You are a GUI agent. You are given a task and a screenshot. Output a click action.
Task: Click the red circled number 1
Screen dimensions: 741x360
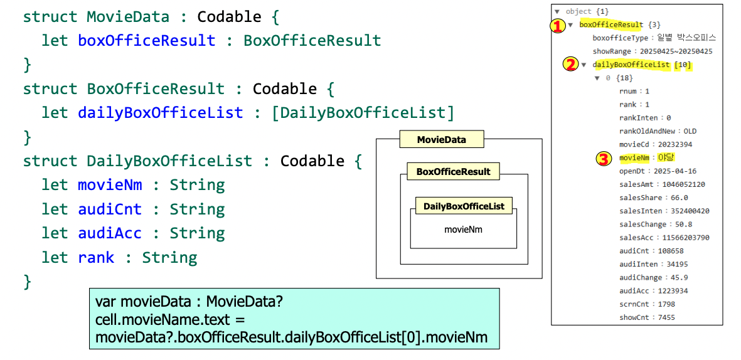tap(558, 26)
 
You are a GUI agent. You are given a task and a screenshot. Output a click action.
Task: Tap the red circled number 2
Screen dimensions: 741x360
tap(571, 65)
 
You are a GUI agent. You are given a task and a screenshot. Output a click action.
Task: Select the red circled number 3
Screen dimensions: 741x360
tap(602, 158)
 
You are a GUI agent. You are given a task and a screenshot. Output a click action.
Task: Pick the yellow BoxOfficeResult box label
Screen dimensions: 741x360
tap(453, 171)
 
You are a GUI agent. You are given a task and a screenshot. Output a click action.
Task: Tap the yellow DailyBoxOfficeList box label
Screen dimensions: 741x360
tap(464, 206)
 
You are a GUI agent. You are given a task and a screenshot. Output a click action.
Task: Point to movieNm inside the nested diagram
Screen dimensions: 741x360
tap(463, 230)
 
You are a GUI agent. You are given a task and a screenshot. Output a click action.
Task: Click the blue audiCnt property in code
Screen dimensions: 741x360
tap(110, 209)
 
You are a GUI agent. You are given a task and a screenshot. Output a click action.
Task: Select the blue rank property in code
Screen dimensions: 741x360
tap(96, 258)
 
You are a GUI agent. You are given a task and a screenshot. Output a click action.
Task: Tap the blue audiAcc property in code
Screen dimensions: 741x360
tap(110, 233)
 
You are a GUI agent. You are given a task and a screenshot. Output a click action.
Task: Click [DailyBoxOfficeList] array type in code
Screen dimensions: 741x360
tap(363, 113)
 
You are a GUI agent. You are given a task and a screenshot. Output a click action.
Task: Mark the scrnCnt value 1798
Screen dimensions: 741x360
tap(671, 304)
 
